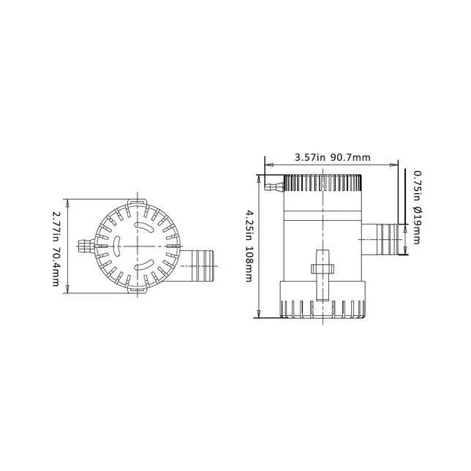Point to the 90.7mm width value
click(x=350, y=157)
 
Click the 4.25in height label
click(x=250, y=223)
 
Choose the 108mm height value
click(x=250, y=264)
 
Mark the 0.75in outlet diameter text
click(x=417, y=187)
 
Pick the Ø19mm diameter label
click(x=417, y=227)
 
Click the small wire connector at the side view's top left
click(x=272, y=187)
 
